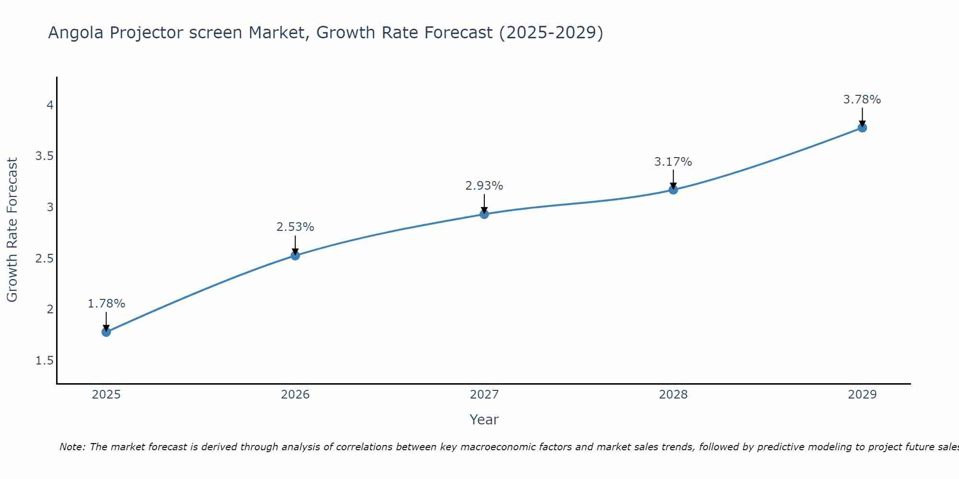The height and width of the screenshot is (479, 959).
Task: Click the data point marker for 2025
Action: click(106, 332)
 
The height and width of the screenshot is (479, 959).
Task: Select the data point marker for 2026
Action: click(295, 255)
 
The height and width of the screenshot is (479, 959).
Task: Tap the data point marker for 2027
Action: click(484, 214)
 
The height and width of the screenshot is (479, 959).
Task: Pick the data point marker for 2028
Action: click(673, 190)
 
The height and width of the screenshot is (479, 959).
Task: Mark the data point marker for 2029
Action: click(862, 127)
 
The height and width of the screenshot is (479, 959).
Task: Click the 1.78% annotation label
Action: click(106, 304)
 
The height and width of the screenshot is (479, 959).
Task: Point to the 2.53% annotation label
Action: click(295, 227)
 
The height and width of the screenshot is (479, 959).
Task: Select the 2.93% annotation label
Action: click(484, 186)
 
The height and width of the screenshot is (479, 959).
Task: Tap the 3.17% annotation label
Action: click(673, 162)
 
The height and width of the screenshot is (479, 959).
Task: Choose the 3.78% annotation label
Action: click(862, 100)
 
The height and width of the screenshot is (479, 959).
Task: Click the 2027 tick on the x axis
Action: click(484, 395)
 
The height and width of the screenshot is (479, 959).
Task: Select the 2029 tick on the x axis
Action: click(862, 395)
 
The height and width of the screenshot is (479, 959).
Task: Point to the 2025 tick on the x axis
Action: click(106, 395)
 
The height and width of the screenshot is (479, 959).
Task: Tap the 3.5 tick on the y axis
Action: click(44, 156)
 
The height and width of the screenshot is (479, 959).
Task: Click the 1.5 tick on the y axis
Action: click(44, 361)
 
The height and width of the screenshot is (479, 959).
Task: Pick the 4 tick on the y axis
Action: click(50, 105)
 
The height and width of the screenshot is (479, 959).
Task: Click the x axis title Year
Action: click(484, 420)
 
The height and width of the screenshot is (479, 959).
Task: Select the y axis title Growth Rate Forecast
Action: click(12, 230)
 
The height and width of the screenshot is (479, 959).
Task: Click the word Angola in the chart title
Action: click(76, 33)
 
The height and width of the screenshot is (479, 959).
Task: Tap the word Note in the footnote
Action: click(72, 447)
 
